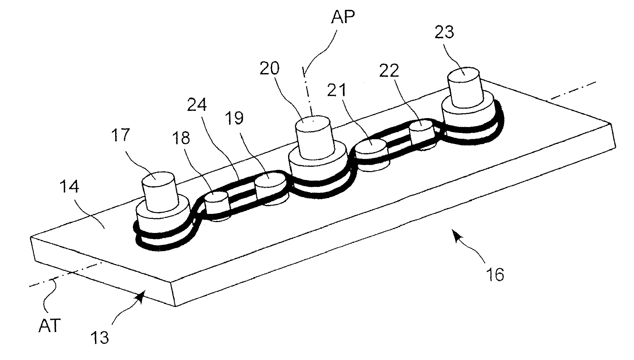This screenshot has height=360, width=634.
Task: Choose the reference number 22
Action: point(389,70)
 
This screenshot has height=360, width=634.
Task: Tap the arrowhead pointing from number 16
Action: point(455,235)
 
